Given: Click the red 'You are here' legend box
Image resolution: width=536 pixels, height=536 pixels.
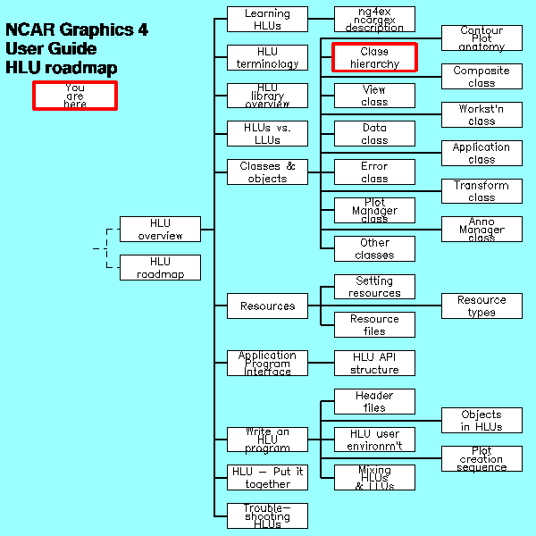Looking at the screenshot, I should [75, 96].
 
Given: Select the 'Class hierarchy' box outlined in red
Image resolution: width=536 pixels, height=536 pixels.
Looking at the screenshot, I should [374, 57].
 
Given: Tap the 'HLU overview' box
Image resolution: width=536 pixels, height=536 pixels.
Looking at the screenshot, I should [160, 230].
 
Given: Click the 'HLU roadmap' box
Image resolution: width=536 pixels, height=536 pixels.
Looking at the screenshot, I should [160, 268].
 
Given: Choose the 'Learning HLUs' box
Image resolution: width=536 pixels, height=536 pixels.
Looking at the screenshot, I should [267, 20].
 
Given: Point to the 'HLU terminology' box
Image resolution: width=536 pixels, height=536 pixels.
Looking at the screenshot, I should [267, 57].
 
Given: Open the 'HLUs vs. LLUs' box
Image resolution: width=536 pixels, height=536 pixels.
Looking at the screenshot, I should [267, 134].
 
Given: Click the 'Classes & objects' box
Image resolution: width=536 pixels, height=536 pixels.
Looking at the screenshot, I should [267, 172].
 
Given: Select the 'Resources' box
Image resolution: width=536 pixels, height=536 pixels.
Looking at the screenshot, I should [267, 306].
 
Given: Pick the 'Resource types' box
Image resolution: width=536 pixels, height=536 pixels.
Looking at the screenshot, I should [482, 306].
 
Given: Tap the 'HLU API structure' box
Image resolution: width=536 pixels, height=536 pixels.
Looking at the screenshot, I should [374, 364].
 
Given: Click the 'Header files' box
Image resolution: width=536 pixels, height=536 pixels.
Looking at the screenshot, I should [374, 402].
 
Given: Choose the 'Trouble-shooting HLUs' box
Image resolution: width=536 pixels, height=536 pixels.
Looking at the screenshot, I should [267, 516].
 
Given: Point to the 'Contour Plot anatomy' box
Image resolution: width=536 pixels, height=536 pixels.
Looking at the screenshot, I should [482, 38].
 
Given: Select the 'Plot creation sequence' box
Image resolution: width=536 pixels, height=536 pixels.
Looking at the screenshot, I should [482, 459].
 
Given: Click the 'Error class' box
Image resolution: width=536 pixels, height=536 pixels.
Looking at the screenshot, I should [374, 172].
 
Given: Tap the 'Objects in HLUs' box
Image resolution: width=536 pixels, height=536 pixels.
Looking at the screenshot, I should [482, 421].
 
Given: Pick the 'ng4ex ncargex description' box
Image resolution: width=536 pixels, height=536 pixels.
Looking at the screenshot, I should [374, 20].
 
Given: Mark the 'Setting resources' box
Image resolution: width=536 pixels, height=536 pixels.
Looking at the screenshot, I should [374, 287].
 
